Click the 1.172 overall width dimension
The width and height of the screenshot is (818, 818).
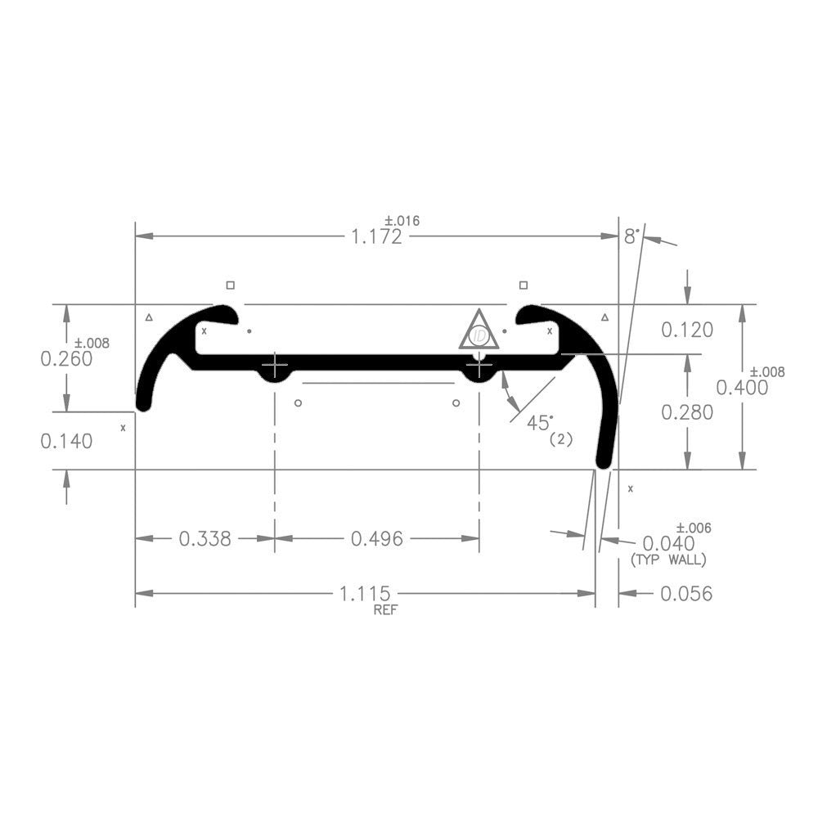pos(377,237)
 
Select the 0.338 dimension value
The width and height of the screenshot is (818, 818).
pos(204,538)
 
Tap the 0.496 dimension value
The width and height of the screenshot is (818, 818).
pos(377,538)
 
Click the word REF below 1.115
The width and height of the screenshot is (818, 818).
pos(384,609)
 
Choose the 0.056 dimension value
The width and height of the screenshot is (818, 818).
pos(686,593)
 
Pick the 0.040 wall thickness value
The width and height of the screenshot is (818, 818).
pos(668,543)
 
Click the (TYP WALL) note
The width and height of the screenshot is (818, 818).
pos(668,560)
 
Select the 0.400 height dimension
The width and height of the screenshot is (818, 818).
pos(742,387)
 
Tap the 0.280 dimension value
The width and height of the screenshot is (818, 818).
pos(687,412)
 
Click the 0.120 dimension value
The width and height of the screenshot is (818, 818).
pos(687,330)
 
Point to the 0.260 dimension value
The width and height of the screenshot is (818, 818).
pos(66,359)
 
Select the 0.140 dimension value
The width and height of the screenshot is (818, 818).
pos(66,441)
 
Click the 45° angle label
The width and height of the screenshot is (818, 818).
pos(540,423)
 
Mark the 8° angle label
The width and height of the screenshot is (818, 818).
pos(631,236)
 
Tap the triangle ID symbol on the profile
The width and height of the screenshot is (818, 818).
pos(480,332)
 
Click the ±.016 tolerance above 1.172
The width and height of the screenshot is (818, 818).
pos(402,220)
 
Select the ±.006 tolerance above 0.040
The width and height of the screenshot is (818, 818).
pos(694,528)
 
